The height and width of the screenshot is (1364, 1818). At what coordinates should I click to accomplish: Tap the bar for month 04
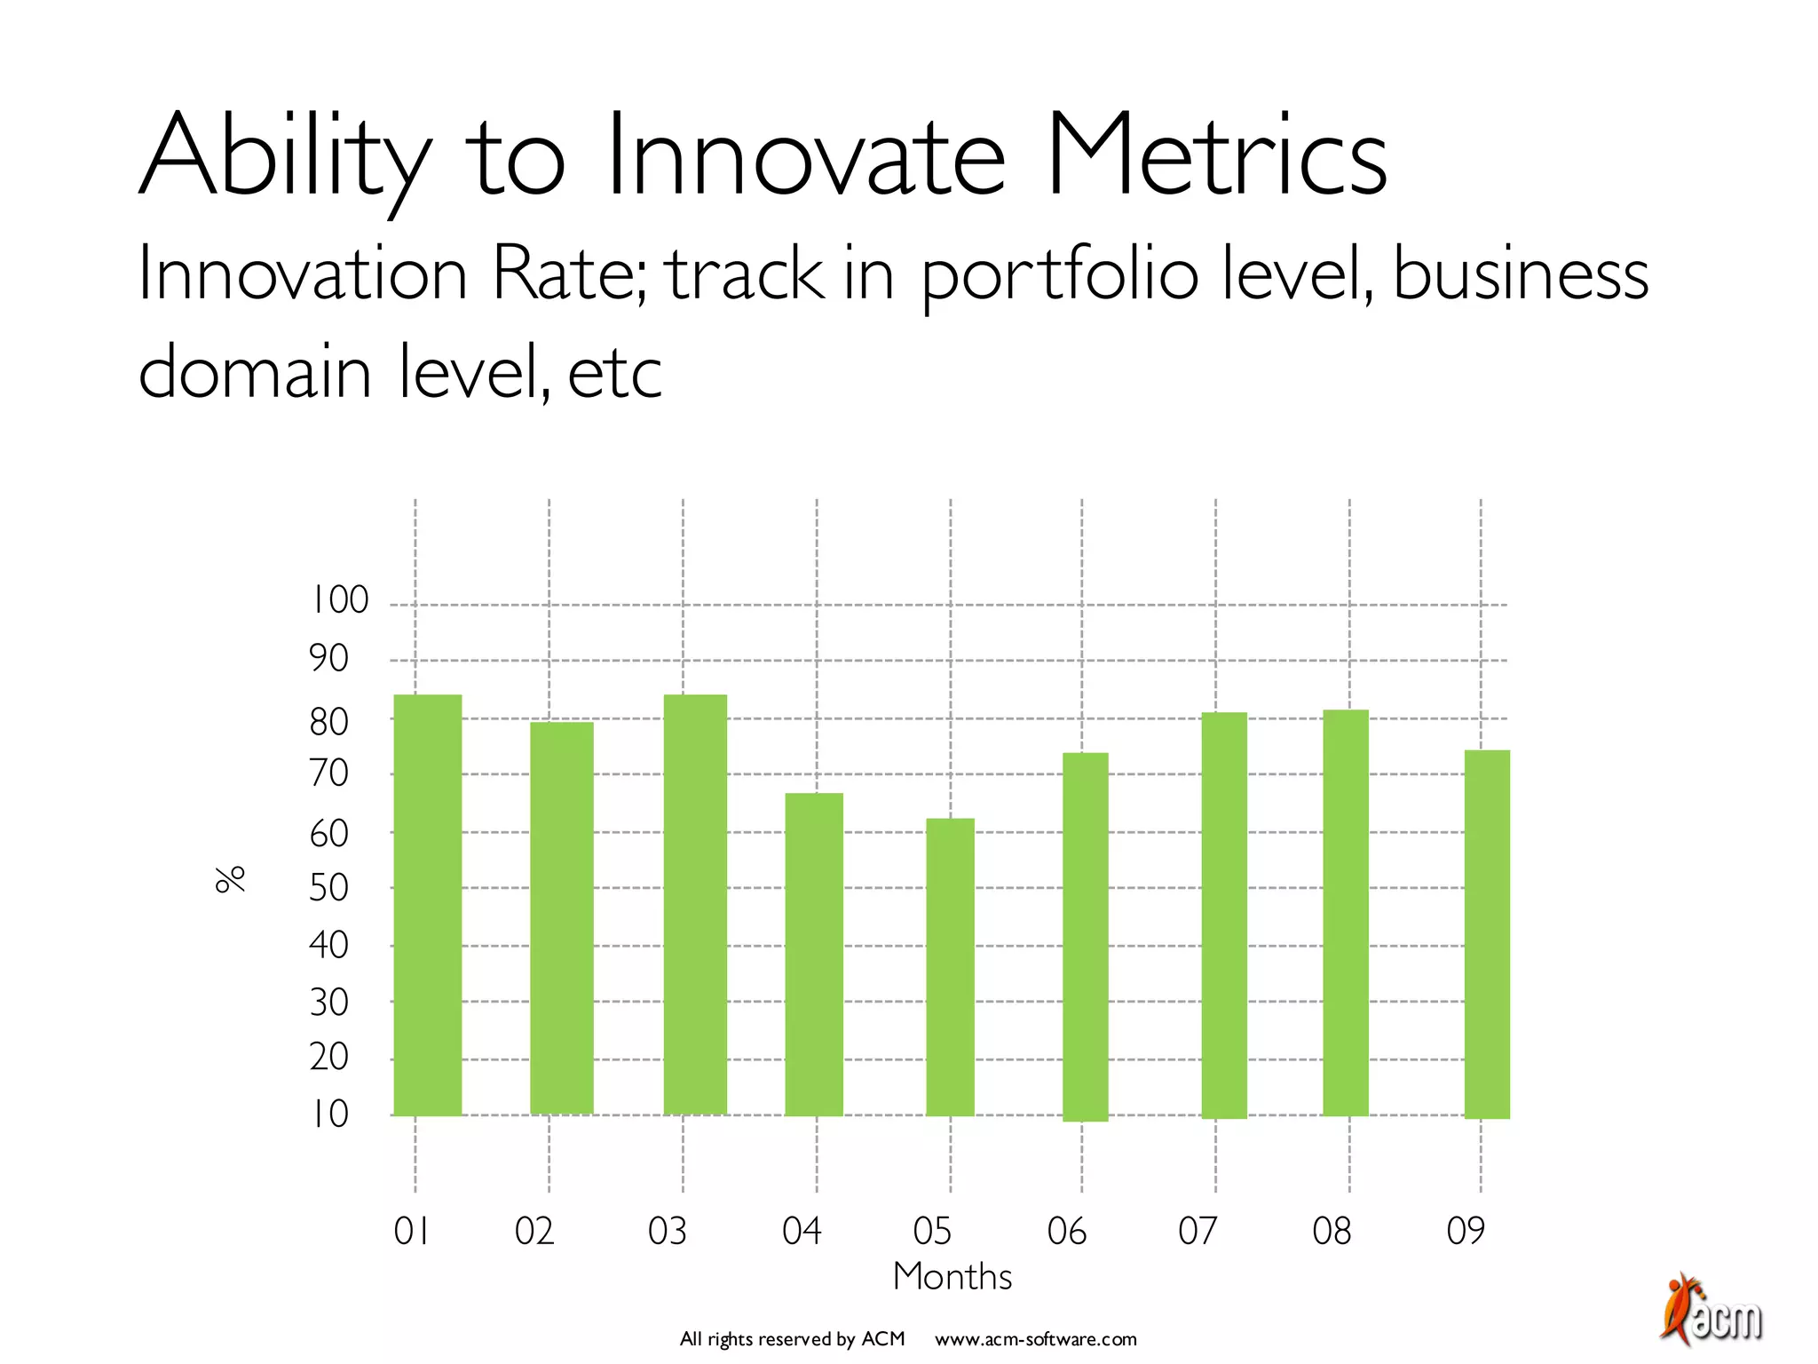coord(814,954)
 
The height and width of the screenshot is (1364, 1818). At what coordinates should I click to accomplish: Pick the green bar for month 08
coord(1345,912)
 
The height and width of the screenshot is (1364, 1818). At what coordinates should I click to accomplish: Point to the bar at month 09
coord(1487,933)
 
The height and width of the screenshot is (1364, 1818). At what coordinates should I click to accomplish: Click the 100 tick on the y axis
coord(338,601)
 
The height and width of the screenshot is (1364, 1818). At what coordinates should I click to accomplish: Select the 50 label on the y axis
coord(328,887)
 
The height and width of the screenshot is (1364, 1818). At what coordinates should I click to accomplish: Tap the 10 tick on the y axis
coord(328,1114)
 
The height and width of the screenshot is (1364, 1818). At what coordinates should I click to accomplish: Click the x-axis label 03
coord(668,1231)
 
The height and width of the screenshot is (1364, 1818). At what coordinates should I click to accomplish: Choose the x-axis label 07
coord(1198,1231)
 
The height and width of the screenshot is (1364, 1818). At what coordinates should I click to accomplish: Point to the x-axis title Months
coord(952,1277)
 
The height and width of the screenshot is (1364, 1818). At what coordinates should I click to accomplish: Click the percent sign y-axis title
coord(230,878)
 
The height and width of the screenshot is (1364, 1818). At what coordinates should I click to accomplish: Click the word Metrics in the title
coord(1215,155)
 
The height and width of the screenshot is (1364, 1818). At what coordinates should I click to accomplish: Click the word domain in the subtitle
coord(254,372)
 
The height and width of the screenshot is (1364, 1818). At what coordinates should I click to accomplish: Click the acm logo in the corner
coord(1711,1311)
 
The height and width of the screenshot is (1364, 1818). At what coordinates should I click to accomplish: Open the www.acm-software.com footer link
coord(1035,1339)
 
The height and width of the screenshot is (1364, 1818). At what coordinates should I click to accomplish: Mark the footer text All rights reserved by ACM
coord(792,1339)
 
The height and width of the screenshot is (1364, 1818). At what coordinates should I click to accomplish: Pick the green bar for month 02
coord(561,917)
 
